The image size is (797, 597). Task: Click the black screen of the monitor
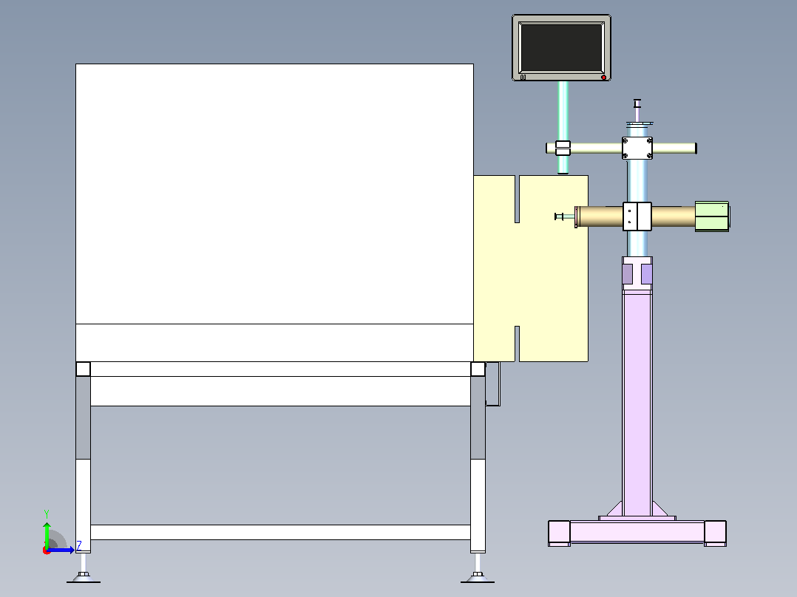pos(561,47)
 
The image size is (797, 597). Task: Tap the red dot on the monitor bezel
pos(603,78)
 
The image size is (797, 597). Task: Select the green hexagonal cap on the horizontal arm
pos(712,216)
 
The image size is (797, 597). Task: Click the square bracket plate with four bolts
pos(637,148)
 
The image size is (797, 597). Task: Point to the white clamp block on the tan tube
pos(637,216)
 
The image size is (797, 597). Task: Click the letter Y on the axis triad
pos(47,514)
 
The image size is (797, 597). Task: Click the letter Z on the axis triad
pos(79,546)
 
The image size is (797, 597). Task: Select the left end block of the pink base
pos(559,533)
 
